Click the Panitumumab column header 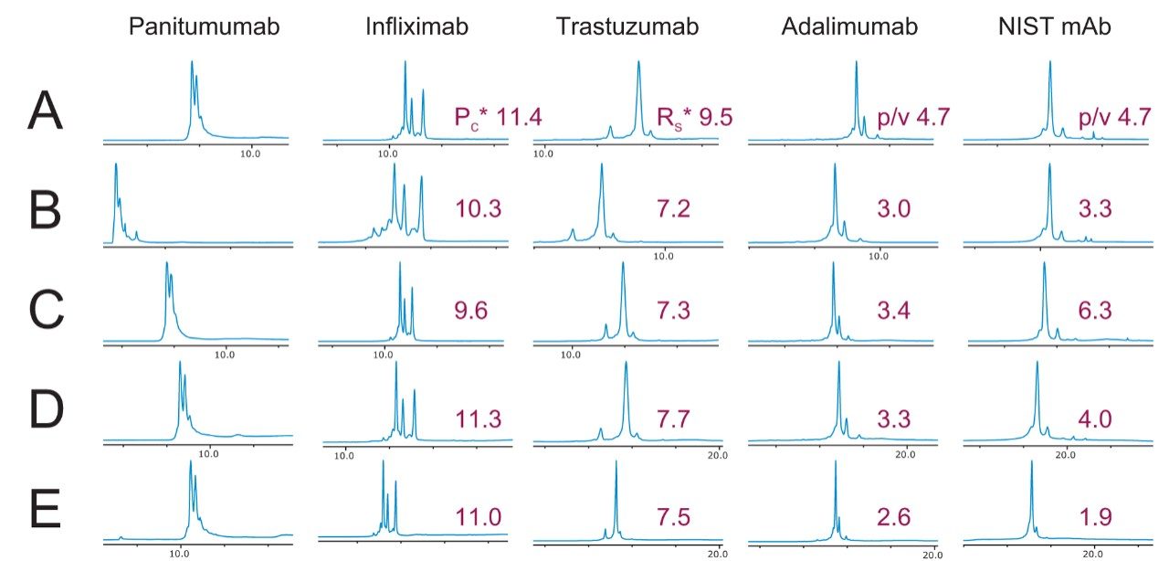point(204,27)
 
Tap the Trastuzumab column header point(627,27)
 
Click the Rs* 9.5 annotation point(695,117)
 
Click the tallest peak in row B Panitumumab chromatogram point(116,166)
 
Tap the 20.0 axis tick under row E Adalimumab point(931,553)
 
